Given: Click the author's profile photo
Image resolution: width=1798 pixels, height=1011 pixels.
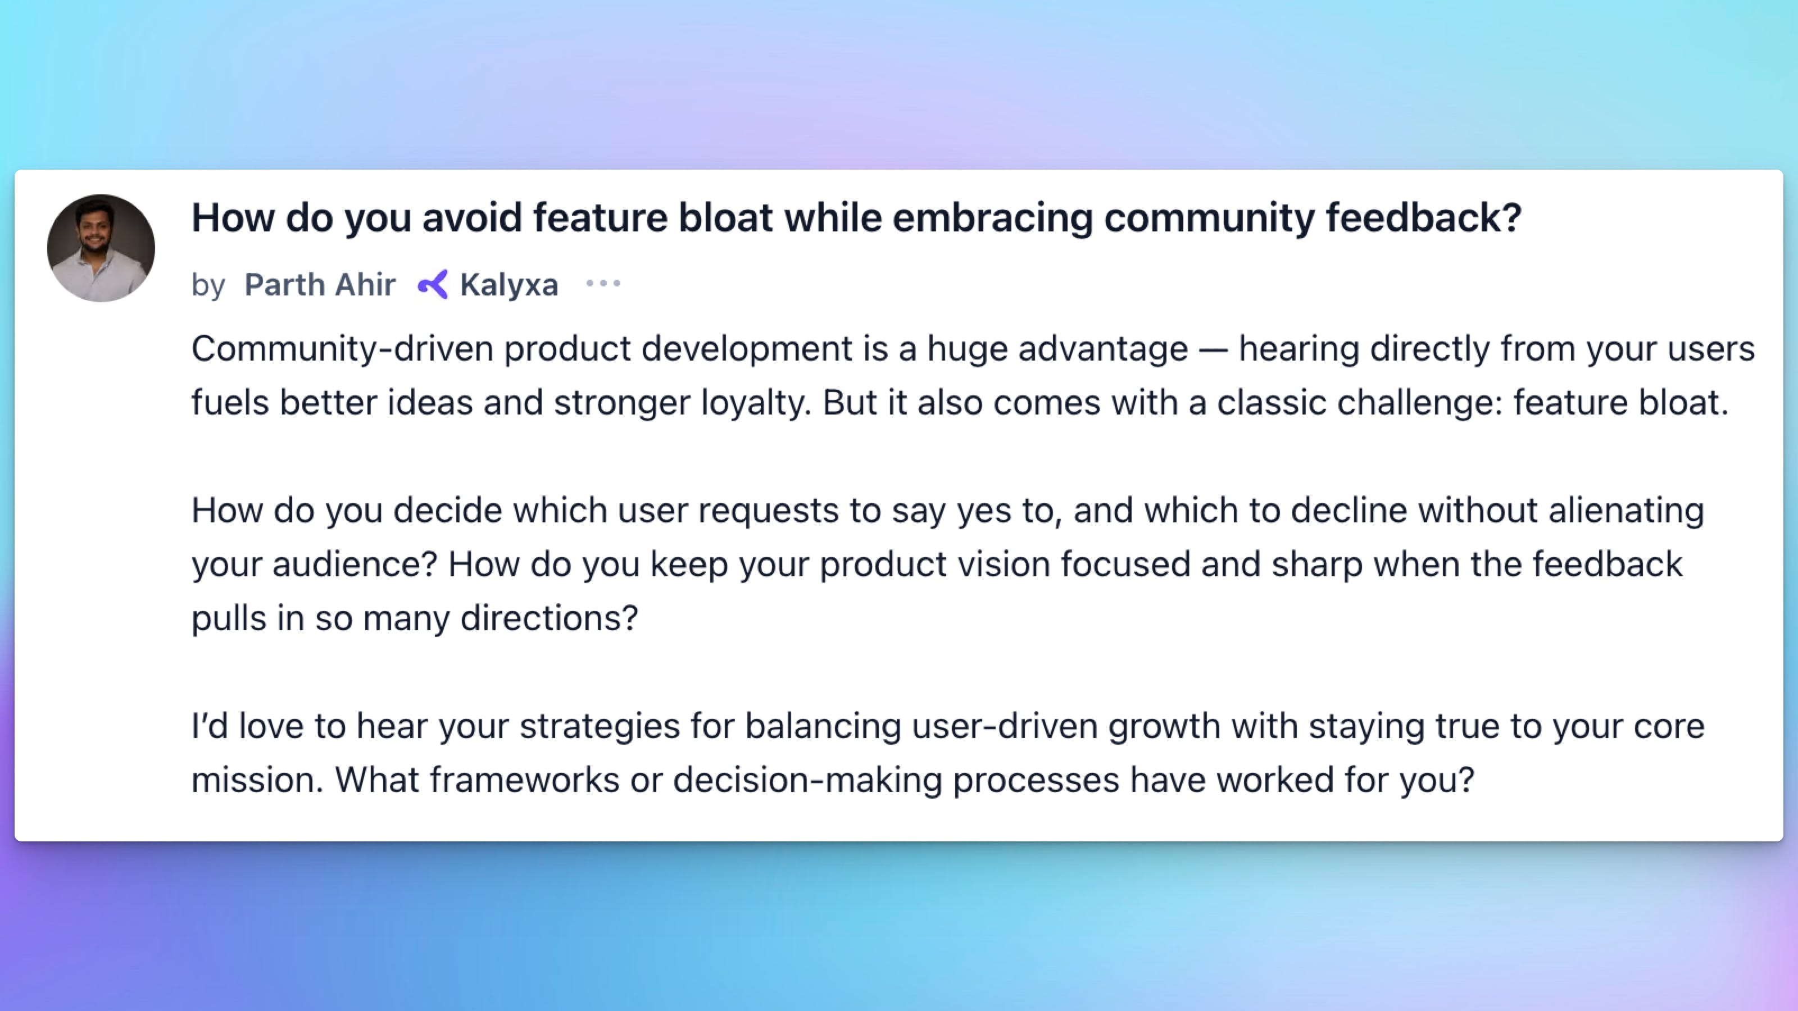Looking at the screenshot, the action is pos(101,248).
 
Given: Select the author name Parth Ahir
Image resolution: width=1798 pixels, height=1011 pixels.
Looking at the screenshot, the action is pos(320,285).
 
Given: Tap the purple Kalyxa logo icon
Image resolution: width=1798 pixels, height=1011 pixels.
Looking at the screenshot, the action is pos(433,284).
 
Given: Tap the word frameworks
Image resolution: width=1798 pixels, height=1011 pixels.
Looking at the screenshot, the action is pos(524,781).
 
